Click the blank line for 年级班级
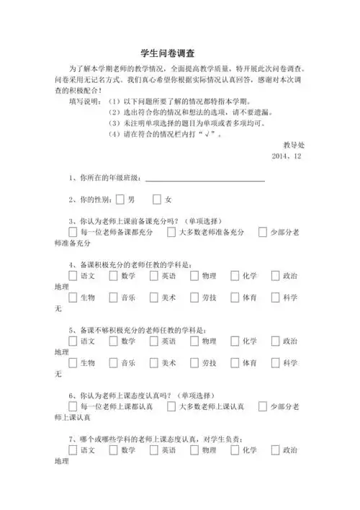click(x=204, y=177)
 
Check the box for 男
click(x=120, y=199)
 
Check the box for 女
click(x=157, y=199)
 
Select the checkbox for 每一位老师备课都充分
click(x=73, y=233)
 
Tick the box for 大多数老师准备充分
click(x=171, y=233)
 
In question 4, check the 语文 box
click(x=73, y=276)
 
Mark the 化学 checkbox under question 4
click(x=235, y=276)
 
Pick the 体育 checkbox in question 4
click(x=235, y=297)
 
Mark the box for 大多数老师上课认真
click(x=171, y=407)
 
